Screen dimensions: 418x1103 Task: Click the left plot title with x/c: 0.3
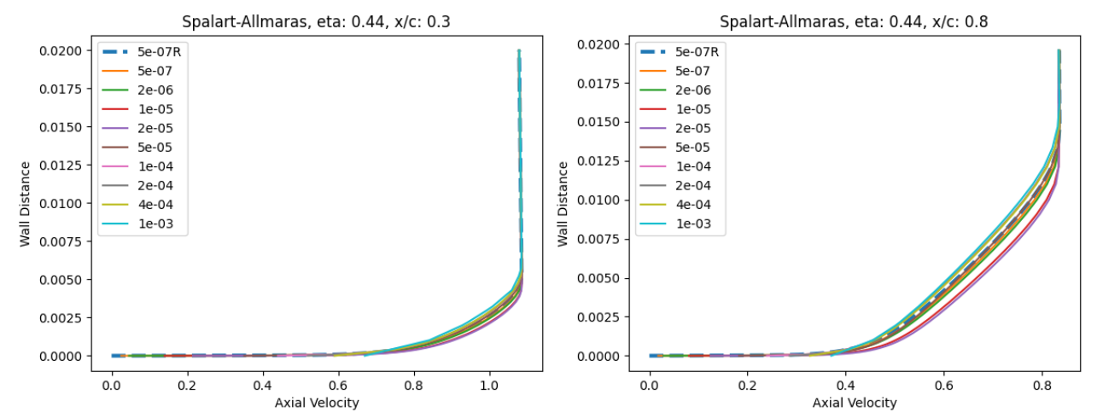[316, 22]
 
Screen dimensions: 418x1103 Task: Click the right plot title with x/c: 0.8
[854, 22]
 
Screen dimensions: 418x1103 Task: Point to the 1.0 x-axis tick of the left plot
[489, 386]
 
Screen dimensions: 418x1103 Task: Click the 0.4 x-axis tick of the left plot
[263, 386]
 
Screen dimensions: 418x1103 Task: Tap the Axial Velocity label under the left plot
[317, 403]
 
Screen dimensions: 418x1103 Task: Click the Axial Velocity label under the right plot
[855, 403]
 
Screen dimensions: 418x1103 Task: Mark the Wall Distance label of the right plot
[563, 203]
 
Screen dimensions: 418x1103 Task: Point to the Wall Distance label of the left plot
[25, 203]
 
